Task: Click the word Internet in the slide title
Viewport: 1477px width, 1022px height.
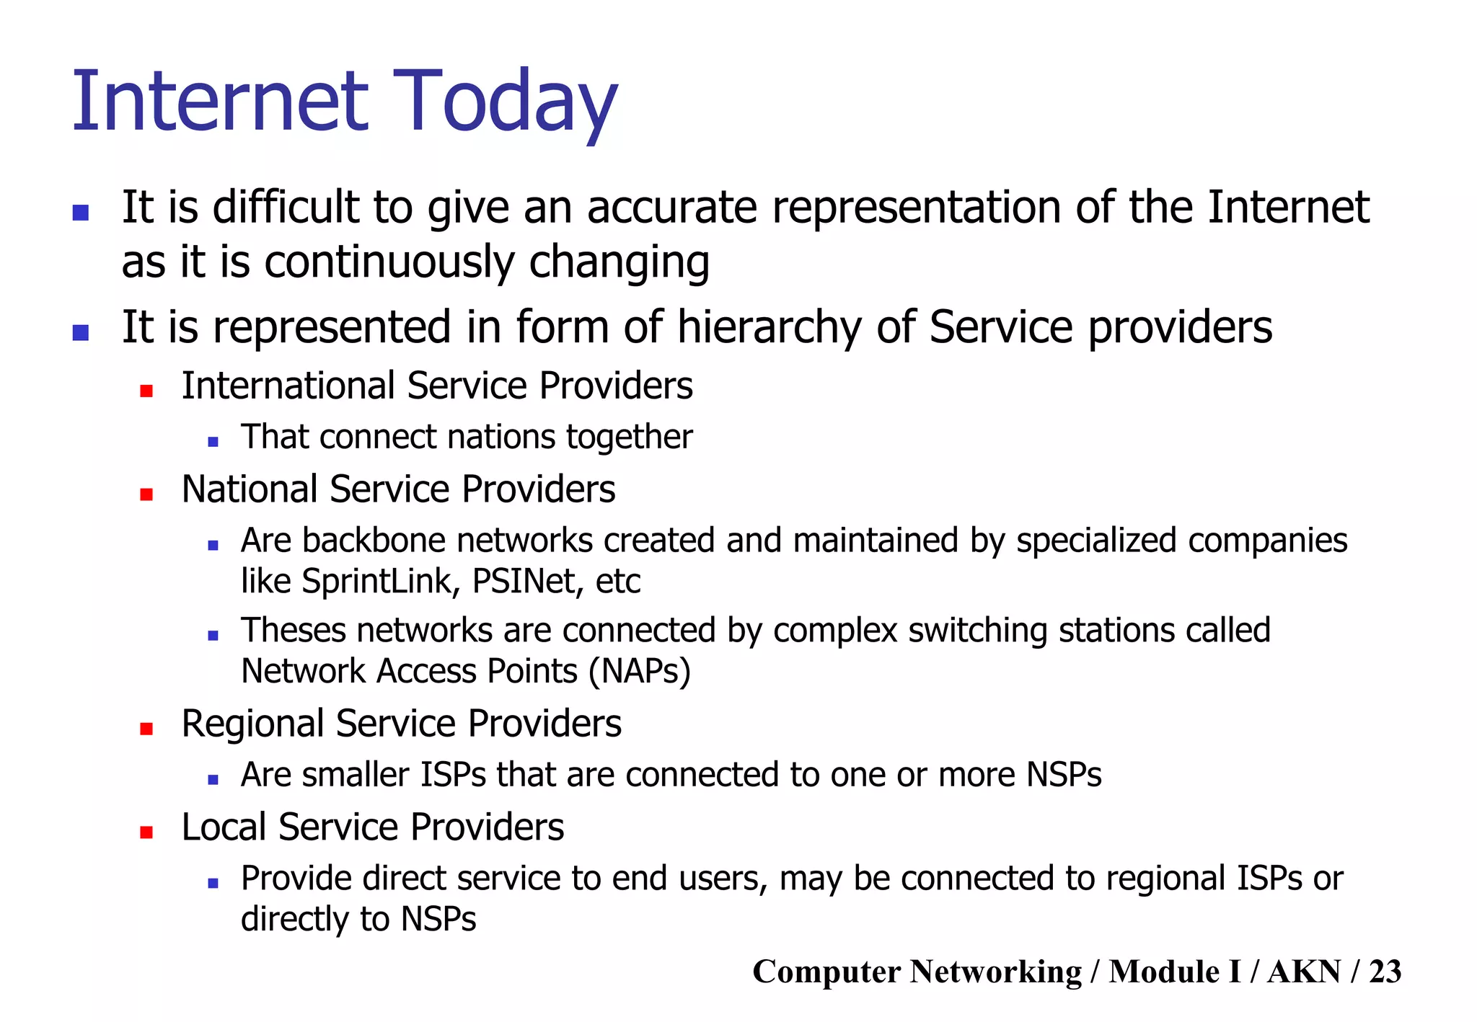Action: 220,102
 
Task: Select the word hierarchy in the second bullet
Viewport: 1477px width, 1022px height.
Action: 769,328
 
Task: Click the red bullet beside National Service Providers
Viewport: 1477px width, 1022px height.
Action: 146,494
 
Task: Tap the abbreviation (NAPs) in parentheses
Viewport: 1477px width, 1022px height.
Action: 639,672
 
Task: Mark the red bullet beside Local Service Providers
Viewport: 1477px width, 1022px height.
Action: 146,832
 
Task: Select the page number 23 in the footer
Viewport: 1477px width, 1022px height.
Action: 1385,972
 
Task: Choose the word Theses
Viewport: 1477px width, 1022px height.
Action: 294,631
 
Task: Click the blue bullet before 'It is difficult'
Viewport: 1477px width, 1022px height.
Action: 81,213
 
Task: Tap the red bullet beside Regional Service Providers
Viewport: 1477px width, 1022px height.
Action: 146,729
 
